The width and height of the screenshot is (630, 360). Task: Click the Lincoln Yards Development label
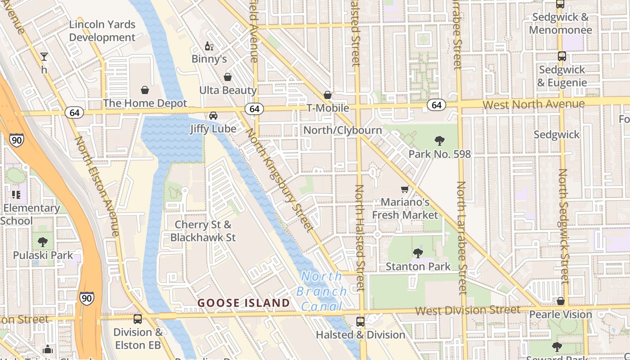[x=102, y=31]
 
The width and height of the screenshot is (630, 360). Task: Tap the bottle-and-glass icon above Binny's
[x=209, y=46]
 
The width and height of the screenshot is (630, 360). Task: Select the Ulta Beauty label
[x=228, y=90]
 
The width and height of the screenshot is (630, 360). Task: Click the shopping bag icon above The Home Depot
[x=145, y=90]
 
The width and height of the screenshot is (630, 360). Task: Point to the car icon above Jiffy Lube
[x=213, y=116]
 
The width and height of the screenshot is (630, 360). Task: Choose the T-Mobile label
[x=328, y=108]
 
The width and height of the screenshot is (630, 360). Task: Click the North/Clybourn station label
[x=342, y=130]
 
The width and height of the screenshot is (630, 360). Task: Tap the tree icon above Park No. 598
[x=440, y=141]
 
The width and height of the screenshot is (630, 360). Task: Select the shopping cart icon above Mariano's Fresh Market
[x=405, y=189]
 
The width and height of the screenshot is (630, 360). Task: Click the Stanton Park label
[x=418, y=266]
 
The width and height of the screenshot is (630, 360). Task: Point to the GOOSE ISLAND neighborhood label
[x=244, y=303]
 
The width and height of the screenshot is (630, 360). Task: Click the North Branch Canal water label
[x=322, y=291]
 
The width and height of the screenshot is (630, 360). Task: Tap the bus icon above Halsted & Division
[x=360, y=322]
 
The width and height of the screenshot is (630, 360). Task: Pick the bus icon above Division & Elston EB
[x=138, y=319]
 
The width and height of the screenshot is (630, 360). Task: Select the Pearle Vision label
[x=560, y=314]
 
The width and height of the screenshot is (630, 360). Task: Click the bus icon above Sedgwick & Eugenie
[x=562, y=56]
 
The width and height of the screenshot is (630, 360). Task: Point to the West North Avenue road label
[x=533, y=104]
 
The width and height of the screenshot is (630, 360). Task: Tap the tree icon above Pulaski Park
[x=43, y=242]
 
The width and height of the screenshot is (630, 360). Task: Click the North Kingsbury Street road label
[x=279, y=180]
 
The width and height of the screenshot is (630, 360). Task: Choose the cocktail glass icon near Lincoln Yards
[x=44, y=57]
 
